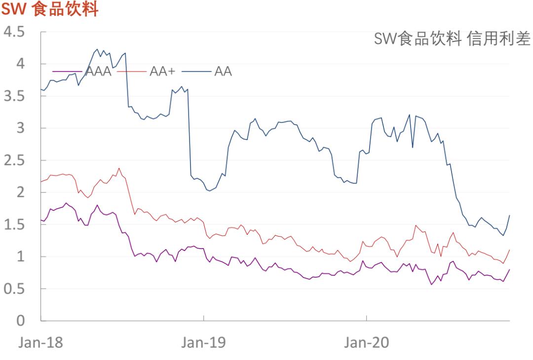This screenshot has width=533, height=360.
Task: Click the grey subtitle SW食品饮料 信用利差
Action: point(452,38)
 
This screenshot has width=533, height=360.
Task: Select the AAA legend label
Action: point(98,72)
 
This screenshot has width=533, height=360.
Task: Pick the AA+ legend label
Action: point(162,72)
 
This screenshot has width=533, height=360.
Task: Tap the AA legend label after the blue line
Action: point(223,72)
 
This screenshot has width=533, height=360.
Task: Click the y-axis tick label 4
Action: point(20,64)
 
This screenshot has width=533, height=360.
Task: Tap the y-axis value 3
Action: point(20,128)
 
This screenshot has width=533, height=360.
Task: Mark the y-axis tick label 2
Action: point(20,192)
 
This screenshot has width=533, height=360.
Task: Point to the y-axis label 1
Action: point(20,256)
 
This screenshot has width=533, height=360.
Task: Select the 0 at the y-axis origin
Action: point(20,321)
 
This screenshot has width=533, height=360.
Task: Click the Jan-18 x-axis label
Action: point(41,343)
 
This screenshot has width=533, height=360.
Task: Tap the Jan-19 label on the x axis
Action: point(203,343)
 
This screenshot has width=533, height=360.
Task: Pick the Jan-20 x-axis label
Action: point(366,343)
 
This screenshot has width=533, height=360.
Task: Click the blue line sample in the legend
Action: point(196,72)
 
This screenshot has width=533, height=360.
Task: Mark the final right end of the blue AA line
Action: point(509,215)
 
